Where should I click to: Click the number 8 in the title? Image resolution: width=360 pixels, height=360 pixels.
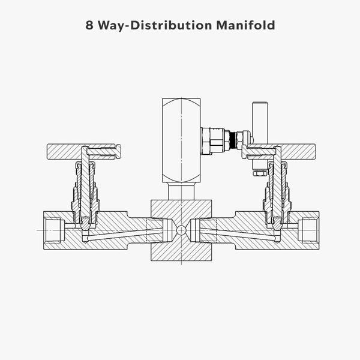(89, 26)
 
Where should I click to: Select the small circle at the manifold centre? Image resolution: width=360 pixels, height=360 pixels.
(181, 230)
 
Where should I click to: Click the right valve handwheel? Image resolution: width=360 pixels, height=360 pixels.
(300, 152)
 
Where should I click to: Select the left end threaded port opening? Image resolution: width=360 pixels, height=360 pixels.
(56, 230)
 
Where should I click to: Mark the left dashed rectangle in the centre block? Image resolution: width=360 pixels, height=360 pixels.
(155, 230)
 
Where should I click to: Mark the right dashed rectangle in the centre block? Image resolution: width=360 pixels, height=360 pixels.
(207, 230)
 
